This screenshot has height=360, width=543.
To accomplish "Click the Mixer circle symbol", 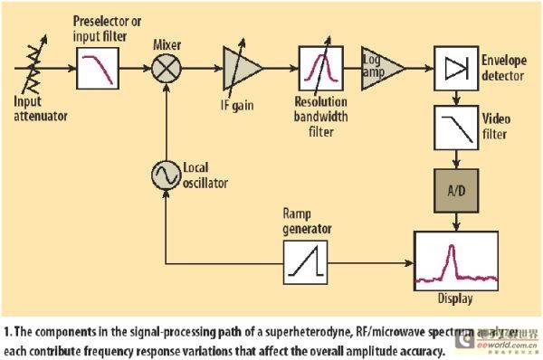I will tap(166, 68).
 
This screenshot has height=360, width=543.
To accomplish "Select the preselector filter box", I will tap(100, 66).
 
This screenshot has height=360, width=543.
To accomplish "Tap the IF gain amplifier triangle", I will tap(242, 68).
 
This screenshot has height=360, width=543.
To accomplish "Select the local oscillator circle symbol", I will tap(166, 175).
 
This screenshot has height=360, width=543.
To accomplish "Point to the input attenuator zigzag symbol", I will tap(38, 65).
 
